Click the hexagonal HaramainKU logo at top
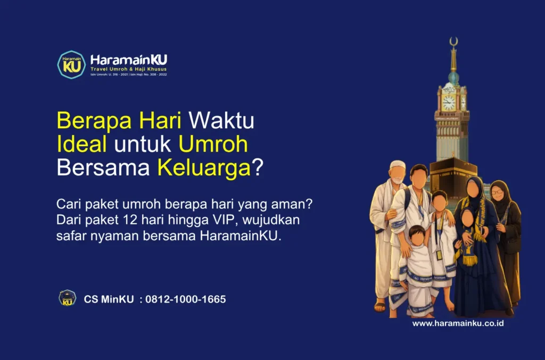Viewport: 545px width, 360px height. click(71, 65)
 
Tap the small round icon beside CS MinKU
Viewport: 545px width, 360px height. click(67, 298)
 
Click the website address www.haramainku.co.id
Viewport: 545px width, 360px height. click(458, 323)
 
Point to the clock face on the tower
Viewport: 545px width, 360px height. click(448, 103)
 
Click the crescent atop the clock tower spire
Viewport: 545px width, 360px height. click(453, 41)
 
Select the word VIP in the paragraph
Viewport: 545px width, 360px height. click(216, 220)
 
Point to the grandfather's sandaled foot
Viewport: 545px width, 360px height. click(379, 306)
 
